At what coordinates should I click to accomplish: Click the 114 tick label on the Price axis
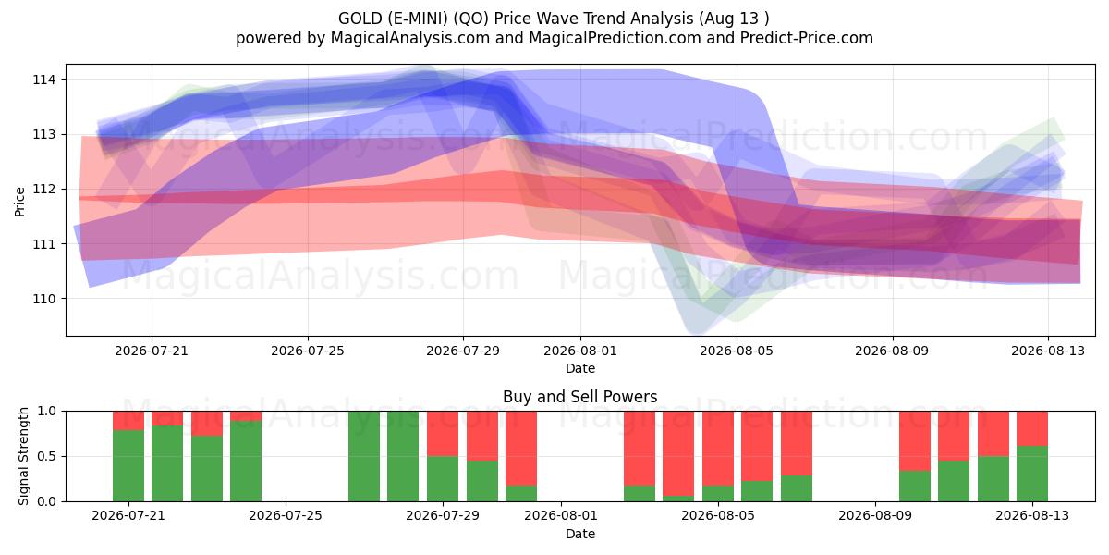pyautogui.click(x=43, y=80)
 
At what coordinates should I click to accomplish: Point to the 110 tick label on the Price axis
pyautogui.click(x=43, y=300)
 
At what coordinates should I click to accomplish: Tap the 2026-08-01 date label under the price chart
pyautogui.click(x=580, y=351)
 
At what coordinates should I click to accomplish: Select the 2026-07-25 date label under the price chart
pyautogui.click(x=308, y=351)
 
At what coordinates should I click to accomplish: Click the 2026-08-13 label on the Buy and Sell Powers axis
pyautogui.click(x=1032, y=516)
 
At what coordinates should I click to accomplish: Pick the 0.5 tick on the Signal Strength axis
pyautogui.click(x=47, y=456)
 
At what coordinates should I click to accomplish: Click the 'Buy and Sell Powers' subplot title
pyautogui.click(x=579, y=397)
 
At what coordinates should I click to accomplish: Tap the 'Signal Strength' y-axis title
pyautogui.click(x=23, y=456)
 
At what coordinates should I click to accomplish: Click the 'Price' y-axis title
pyautogui.click(x=19, y=202)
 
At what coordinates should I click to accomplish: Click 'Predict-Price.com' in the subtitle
pyautogui.click(x=807, y=38)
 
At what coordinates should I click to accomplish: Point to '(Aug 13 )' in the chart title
pyautogui.click(x=734, y=18)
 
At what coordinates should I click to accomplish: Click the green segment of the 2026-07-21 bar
pyautogui.click(x=128, y=466)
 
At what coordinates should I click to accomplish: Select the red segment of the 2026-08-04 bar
pyautogui.click(x=678, y=453)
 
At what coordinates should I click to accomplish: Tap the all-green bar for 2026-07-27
pyautogui.click(x=364, y=456)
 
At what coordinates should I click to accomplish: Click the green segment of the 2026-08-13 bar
pyautogui.click(x=1032, y=474)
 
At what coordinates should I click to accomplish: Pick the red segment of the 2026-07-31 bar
pyautogui.click(x=521, y=449)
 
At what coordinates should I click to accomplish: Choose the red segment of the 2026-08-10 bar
pyautogui.click(x=915, y=441)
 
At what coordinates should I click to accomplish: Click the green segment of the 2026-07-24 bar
pyautogui.click(x=246, y=462)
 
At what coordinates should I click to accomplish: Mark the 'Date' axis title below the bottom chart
pyautogui.click(x=580, y=535)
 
